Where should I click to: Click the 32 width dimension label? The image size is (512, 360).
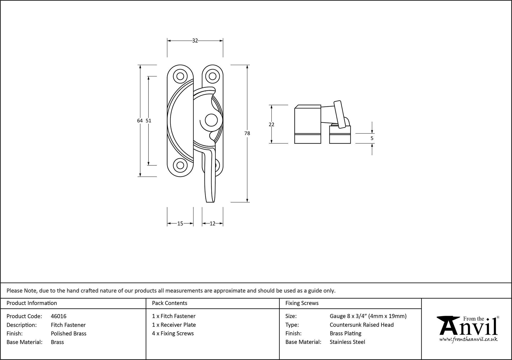pos(195,41)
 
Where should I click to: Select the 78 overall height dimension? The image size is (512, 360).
pos(247,133)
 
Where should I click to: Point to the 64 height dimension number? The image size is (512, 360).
pos(140,121)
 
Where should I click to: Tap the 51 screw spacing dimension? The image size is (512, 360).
pos(148,121)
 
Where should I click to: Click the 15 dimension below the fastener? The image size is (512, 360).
pos(180,224)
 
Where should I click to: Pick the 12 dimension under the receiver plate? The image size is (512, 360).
pos(212,224)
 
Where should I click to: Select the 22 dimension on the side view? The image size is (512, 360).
pos(272,124)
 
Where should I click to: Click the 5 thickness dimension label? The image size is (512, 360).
pos(372,138)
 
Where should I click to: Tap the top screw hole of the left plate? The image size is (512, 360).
pos(180,76)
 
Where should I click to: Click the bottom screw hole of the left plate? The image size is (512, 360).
pos(180,165)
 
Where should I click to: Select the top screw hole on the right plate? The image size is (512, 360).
pos(212,76)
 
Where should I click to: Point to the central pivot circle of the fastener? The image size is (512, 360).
pos(211,120)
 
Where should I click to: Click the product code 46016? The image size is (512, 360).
pos(59,316)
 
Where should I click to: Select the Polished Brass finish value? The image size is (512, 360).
pos(69,333)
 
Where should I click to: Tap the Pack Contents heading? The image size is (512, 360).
pos(169,303)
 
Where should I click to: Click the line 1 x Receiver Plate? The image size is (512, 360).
pos(174,325)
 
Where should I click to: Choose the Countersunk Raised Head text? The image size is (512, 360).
pos(361,325)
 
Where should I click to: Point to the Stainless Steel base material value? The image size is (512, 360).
pos(347,342)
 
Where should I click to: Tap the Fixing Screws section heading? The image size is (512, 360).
pos(302,303)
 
